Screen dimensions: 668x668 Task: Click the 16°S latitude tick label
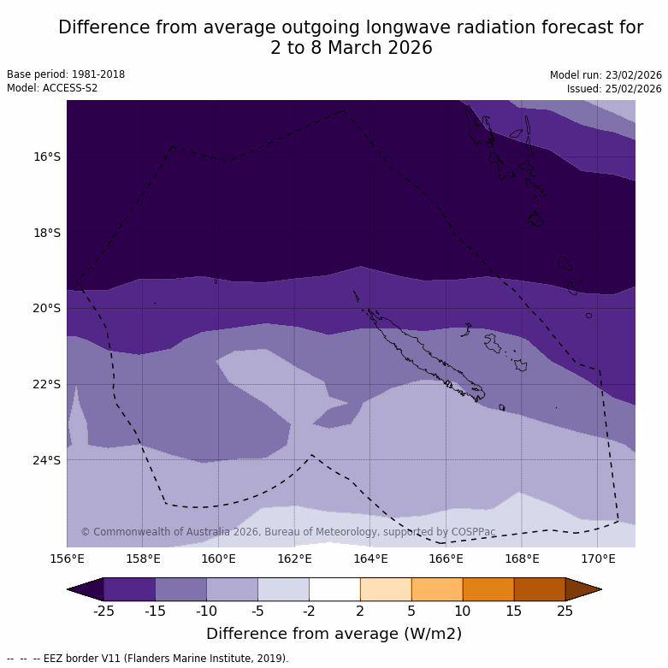47,157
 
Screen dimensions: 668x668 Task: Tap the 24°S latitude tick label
47,460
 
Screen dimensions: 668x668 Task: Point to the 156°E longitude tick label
67,559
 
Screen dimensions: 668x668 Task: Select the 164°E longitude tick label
370,559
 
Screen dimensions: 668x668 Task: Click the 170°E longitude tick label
598,559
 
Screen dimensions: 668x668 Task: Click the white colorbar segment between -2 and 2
334,589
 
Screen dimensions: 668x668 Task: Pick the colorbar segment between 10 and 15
488,589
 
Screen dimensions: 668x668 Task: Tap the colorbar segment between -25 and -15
129,589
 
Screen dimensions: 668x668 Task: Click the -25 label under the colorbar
103,611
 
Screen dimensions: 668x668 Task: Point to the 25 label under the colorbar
565,611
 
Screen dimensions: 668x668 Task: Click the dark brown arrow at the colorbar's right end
583,589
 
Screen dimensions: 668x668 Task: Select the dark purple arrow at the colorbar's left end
86,589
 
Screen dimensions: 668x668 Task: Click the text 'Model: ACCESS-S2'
52,88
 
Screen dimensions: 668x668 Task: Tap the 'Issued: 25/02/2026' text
614,89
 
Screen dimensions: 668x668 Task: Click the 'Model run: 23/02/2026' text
606,75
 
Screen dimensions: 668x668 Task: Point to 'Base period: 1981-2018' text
66,74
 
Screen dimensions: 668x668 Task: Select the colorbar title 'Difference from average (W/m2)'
334,634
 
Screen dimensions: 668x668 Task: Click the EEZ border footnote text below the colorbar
148,659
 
